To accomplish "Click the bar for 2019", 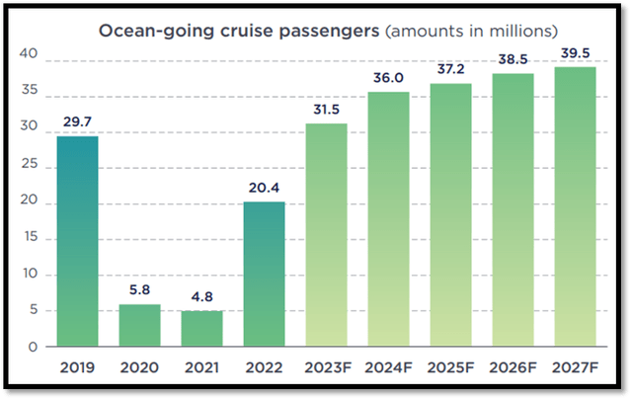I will pos(77,242).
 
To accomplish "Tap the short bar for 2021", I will pos(201,329).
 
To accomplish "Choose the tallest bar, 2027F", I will pos(574,207).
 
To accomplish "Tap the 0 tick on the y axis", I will pos(35,347).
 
